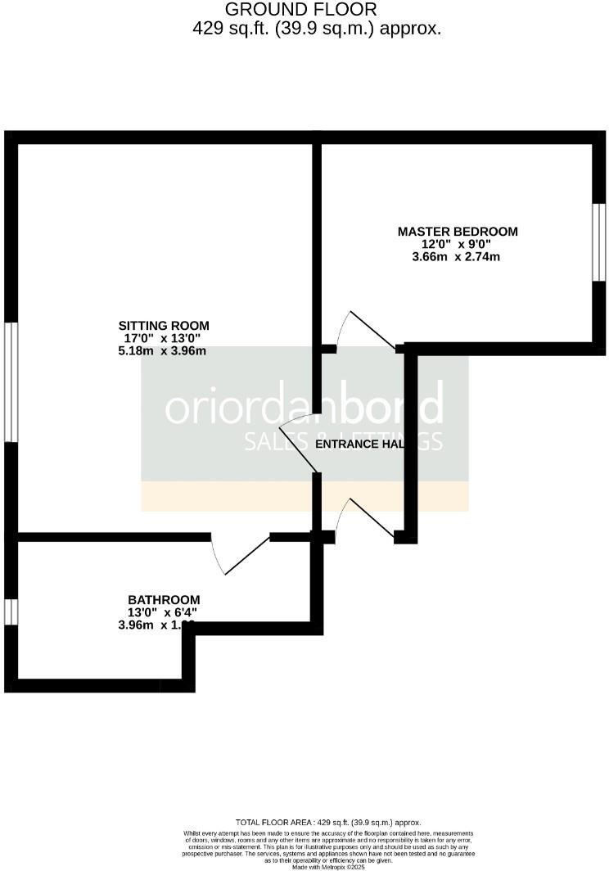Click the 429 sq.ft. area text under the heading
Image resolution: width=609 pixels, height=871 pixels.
click(x=316, y=28)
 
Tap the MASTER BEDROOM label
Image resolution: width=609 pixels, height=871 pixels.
click(x=458, y=232)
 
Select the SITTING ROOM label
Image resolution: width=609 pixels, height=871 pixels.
click(x=164, y=325)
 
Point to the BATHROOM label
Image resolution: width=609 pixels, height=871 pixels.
click(x=164, y=599)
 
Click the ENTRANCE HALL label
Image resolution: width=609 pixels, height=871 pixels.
click(x=361, y=444)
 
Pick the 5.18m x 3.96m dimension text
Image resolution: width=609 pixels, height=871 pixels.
click(x=161, y=350)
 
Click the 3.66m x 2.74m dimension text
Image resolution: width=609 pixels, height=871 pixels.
click(x=456, y=257)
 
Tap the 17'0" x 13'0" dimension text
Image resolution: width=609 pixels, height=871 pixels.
click(x=162, y=338)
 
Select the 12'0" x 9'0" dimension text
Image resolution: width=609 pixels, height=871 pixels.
click(x=455, y=244)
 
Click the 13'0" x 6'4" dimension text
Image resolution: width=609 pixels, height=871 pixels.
click(x=164, y=612)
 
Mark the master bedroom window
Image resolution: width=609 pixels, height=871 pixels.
click(x=599, y=241)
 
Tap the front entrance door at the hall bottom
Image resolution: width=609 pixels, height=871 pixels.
click(x=365, y=519)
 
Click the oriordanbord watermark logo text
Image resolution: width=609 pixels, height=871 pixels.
click(x=304, y=407)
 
